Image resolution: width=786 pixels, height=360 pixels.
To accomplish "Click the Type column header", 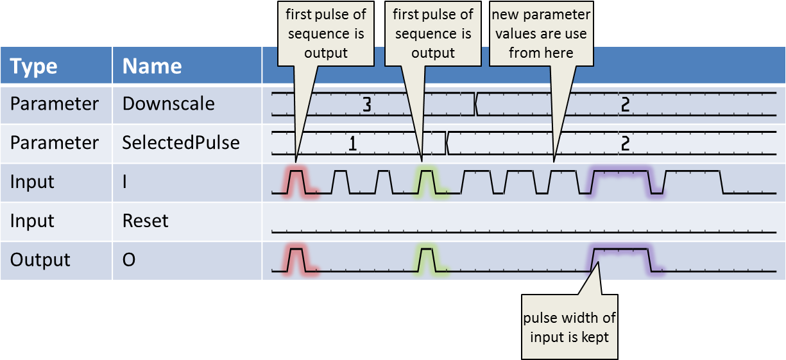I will [x=34, y=66].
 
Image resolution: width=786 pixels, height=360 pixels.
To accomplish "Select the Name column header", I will [x=152, y=66].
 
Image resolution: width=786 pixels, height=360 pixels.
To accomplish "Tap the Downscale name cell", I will [x=168, y=103].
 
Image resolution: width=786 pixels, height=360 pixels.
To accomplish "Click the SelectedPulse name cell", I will [x=181, y=142].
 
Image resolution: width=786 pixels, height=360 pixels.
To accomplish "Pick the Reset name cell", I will [x=145, y=221].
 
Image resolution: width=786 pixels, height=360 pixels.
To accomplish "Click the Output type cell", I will [x=40, y=260].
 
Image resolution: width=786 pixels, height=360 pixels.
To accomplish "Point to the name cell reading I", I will [x=126, y=182].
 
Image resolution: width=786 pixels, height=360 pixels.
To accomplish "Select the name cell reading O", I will [x=128, y=260].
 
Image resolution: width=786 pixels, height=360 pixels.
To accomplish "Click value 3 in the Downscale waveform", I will [x=366, y=105].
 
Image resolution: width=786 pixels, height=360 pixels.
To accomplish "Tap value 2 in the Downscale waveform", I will [x=626, y=105].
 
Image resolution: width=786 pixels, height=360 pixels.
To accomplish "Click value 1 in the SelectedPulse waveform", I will [x=352, y=144].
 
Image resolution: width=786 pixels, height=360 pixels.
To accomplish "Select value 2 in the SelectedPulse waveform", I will [x=626, y=144].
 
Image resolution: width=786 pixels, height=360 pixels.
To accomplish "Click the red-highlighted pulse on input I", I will [x=296, y=181].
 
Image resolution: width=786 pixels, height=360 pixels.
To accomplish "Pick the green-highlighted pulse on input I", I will [x=427, y=181].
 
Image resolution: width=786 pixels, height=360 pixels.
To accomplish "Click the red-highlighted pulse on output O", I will [x=296, y=259].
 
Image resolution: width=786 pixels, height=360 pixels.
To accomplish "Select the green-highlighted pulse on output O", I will [x=427, y=259].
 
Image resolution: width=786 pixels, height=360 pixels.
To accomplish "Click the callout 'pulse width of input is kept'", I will [x=569, y=327].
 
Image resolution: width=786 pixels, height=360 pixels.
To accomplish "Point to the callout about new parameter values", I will [x=541, y=34].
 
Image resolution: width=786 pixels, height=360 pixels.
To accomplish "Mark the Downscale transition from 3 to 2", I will [x=475, y=104].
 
